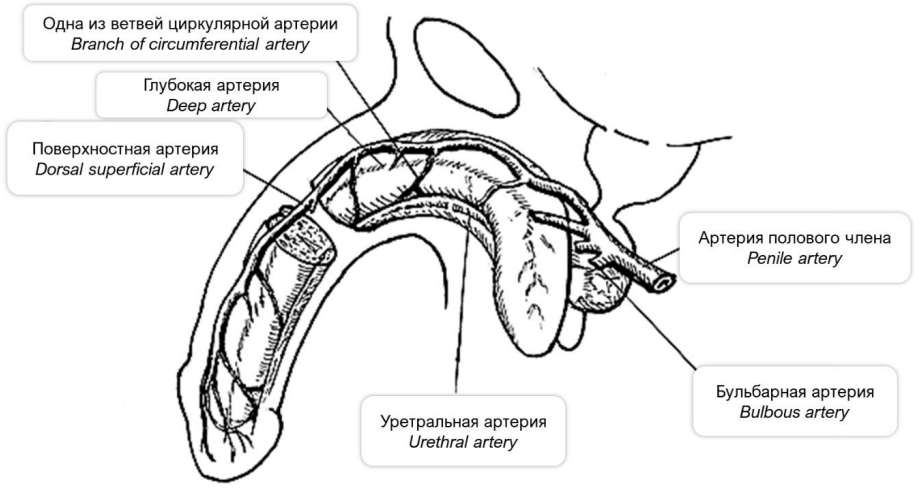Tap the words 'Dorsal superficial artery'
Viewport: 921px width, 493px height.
coord(124,169)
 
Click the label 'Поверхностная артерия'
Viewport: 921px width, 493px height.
coord(124,149)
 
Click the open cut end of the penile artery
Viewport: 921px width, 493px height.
coord(659,283)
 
